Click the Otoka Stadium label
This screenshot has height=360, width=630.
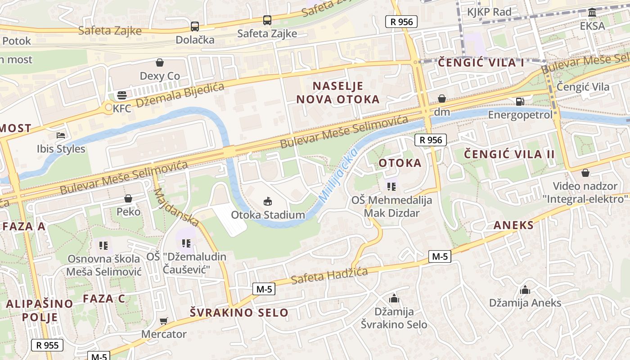(268, 215)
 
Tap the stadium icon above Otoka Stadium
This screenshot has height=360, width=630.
(268, 201)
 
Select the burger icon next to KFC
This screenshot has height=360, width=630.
(121, 95)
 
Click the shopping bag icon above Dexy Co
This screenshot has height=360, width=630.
(159, 62)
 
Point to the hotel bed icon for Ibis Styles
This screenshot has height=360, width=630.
(61, 135)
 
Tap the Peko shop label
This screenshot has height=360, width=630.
(128, 211)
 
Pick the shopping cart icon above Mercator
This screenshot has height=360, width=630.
(163, 321)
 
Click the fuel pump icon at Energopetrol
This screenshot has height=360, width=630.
(520, 102)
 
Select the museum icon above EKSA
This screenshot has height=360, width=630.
(592, 13)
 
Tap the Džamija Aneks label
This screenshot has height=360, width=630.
(525, 303)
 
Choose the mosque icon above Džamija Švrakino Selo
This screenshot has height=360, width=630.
(394, 298)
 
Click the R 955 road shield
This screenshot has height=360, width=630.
(47, 345)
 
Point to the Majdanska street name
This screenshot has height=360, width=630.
(176, 207)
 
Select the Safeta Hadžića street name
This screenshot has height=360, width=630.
(329, 275)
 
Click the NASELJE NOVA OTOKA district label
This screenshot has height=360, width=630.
(337, 93)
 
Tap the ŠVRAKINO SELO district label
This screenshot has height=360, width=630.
(239, 312)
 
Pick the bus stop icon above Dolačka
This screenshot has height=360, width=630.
(194, 27)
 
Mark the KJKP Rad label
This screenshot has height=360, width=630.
(489, 12)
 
